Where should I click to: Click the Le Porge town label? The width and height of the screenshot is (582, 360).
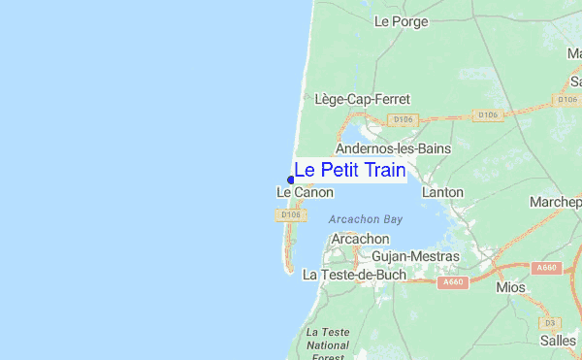click(x=394, y=48)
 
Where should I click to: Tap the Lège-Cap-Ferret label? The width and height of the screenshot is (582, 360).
click(x=363, y=99)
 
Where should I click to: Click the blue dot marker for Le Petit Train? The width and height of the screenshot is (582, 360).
click(x=291, y=179)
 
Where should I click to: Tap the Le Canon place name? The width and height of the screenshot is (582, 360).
click(x=305, y=193)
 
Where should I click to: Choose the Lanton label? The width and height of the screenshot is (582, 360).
click(x=442, y=193)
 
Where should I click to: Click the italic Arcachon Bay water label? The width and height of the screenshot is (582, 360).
click(x=365, y=219)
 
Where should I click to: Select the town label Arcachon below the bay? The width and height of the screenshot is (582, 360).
click(x=360, y=239)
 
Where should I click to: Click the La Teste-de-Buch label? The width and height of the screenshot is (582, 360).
click(x=353, y=276)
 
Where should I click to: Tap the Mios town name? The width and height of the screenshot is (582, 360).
click(x=510, y=288)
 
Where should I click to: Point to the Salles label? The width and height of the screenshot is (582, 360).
click(x=558, y=340)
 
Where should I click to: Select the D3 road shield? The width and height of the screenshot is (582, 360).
click(x=549, y=322)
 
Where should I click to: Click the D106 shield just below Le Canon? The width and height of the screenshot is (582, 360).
click(x=290, y=214)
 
